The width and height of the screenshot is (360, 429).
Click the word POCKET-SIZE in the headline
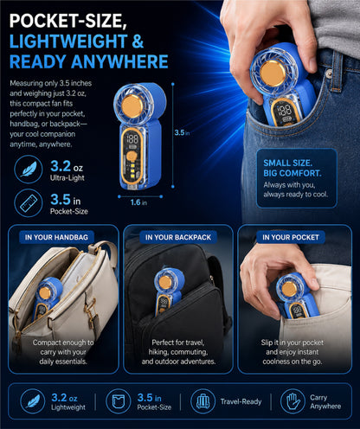tap(68, 21)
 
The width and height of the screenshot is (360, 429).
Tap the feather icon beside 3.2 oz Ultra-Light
tap(29, 170)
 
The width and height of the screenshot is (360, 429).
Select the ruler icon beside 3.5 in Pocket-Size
tap(29, 203)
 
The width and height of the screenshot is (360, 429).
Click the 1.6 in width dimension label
tap(138, 202)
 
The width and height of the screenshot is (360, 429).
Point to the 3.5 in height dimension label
tap(182, 132)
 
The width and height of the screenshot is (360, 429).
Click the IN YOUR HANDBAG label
tap(56, 237)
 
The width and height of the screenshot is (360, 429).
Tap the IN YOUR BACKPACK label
tap(178, 237)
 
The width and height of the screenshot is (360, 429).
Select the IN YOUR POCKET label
tap(291, 237)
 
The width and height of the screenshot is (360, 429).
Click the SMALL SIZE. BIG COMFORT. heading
tap(292, 168)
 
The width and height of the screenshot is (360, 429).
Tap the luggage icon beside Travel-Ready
tap(202, 401)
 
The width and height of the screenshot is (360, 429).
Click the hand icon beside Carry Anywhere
tap(292, 401)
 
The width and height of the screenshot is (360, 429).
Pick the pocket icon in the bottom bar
tap(118, 401)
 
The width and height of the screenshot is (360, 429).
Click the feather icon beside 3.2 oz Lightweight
tap(33, 401)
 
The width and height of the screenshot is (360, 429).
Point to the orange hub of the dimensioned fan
tap(132, 106)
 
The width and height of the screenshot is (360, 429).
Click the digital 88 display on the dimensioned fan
tap(132, 139)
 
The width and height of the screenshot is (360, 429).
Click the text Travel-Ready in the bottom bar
tap(241, 401)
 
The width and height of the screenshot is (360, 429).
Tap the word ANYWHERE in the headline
tap(119, 61)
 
